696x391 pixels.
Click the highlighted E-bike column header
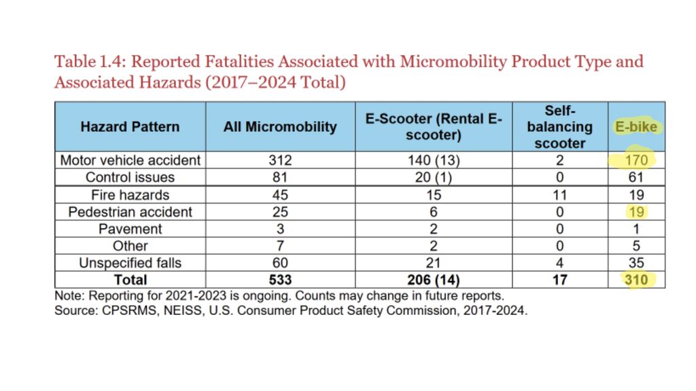(x=636, y=127)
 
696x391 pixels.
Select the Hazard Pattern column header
(x=130, y=127)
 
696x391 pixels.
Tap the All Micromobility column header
(x=280, y=127)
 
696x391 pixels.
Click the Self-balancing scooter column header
(x=560, y=127)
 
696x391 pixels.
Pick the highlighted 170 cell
(x=636, y=160)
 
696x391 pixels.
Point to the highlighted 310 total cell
(x=636, y=280)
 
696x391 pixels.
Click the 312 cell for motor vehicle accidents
(x=280, y=160)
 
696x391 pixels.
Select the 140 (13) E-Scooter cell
(x=434, y=160)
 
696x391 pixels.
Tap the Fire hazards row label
(x=130, y=195)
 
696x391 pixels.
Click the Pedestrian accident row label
(x=130, y=212)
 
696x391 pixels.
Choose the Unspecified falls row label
(x=130, y=263)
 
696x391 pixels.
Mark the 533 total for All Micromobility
(x=280, y=280)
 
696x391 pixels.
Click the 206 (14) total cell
(x=434, y=280)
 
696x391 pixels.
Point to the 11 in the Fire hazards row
(x=560, y=195)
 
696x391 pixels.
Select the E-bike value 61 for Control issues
(x=636, y=177)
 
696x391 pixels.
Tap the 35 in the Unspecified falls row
(x=636, y=263)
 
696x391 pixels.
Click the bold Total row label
(x=130, y=280)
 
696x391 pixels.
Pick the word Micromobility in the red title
(x=453, y=62)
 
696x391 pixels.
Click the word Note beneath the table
(x=69, y=296)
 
